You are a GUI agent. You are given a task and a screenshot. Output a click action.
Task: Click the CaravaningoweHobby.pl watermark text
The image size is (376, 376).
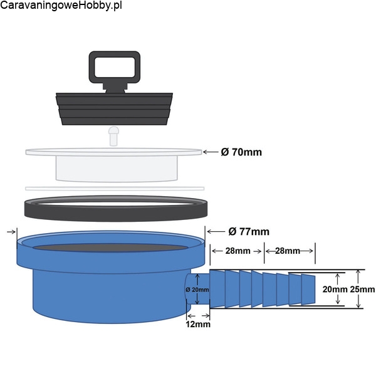tap(61, 6)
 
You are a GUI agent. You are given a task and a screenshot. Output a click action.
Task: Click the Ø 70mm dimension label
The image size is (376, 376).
tap(241, 152)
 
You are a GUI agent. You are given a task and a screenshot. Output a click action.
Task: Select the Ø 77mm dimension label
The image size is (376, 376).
tap(249, 231)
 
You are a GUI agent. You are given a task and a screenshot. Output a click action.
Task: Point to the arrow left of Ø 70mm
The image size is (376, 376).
tap(211, 152)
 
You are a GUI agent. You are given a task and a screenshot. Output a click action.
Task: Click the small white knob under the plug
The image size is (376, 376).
tap(113, 136)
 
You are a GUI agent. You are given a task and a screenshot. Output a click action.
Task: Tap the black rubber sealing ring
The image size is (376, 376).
tap(116, 213)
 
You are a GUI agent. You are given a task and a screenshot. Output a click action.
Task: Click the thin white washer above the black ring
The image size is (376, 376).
tap(115, 189)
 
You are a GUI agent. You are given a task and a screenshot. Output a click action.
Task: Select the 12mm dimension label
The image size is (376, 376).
tap(198, 324)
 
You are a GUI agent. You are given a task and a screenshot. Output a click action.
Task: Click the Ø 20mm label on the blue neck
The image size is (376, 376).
tap(197, 290)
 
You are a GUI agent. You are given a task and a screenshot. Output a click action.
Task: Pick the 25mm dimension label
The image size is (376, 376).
tap(362, 290)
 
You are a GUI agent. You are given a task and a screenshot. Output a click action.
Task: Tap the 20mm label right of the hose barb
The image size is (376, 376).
tap(335, 290)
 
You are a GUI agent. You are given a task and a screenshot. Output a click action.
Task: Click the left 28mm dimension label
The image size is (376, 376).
tap(238, 251)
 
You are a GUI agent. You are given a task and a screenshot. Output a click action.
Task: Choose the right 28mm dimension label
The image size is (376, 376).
tap(288, 251)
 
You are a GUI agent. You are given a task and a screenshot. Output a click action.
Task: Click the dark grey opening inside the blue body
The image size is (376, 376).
tap(110, 248)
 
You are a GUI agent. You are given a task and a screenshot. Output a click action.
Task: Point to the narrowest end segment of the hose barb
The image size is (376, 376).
tap(308, 290)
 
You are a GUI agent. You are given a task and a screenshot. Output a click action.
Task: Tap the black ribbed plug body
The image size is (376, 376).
tap(115, 109)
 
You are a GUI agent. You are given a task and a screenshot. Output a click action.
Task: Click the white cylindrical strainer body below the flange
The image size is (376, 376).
tap(117, 169)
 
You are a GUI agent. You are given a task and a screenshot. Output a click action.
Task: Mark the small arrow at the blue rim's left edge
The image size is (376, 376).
tap(11, 232)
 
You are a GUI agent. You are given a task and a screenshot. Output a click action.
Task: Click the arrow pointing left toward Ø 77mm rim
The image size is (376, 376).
tap(216, 231)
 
